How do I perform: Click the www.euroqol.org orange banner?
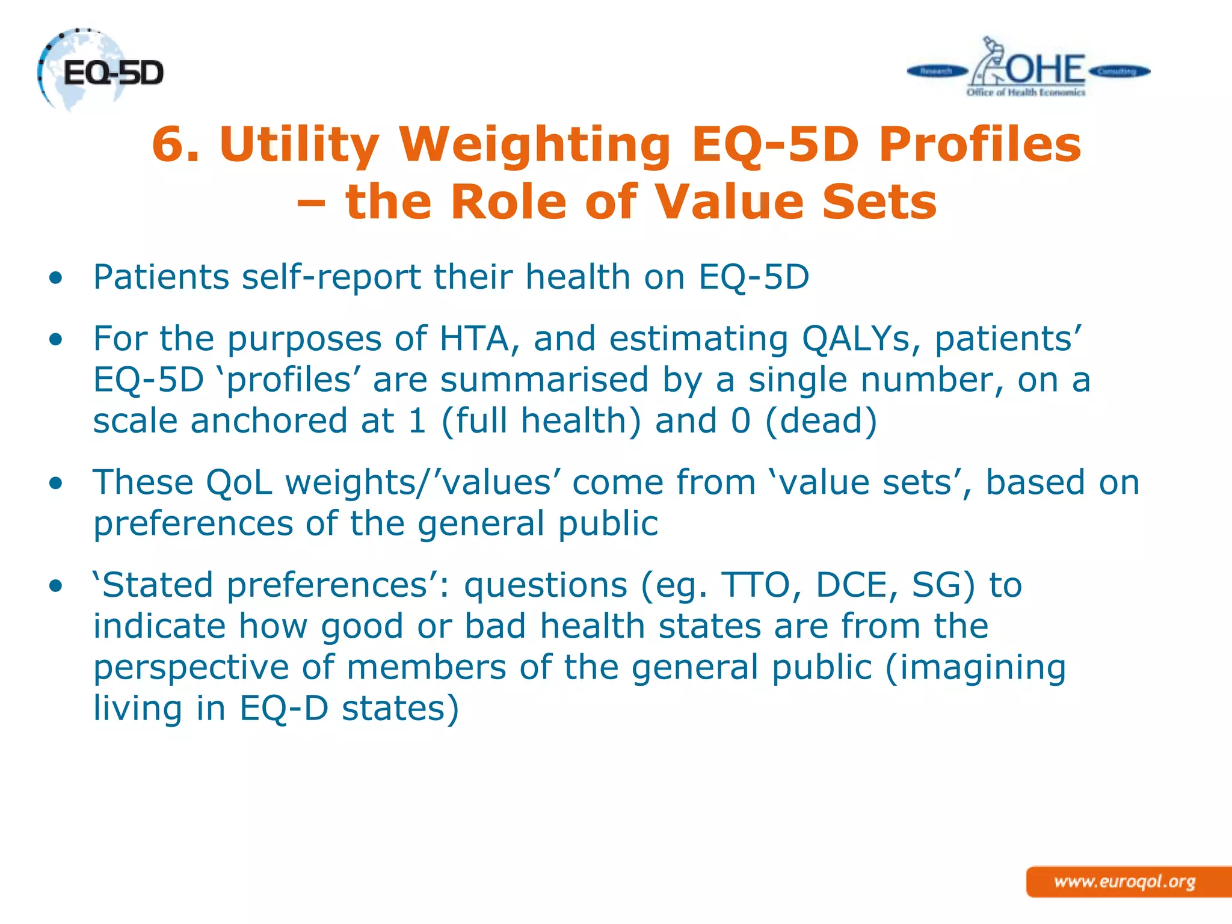point(1125,882)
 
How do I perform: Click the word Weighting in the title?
point(535,146)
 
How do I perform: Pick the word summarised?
point(544,380)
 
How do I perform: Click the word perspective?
point(191,668)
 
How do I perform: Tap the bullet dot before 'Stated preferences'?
point(56,585)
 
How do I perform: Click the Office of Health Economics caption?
point(1026,93)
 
